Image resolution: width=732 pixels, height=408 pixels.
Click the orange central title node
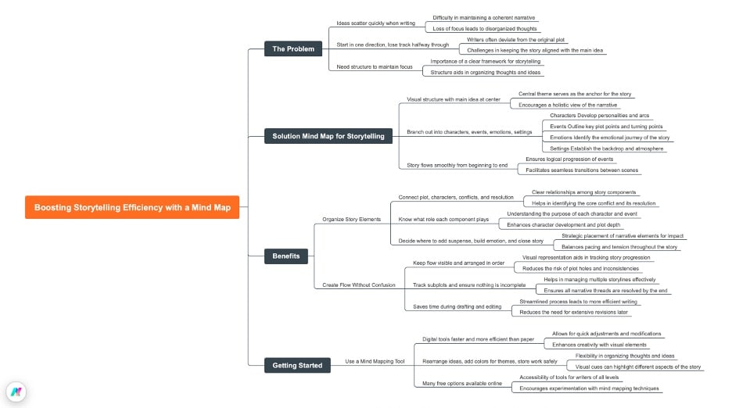coord(131,208)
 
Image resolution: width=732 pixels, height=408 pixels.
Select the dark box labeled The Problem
coord(292,49)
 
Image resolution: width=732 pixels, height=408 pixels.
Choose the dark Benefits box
coord(285,256)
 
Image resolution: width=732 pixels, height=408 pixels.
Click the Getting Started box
coord(296,365)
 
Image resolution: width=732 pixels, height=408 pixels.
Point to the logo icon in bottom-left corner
coord(16,392)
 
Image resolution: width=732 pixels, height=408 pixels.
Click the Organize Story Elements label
coord(351,220)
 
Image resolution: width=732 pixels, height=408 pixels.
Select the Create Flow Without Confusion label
coord(359,285)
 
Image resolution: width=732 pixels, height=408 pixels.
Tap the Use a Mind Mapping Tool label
coord(375,362)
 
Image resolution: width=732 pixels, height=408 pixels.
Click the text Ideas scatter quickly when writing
coord(375,23)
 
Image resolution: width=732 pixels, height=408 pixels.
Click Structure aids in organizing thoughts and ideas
coord(485,72)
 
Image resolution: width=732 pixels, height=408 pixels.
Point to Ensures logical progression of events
coord(569,159)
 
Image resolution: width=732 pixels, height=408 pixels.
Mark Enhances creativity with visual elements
coord(599,344)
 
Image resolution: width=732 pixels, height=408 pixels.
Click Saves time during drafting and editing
coord(457,306)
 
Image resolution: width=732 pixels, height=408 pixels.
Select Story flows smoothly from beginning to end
coord(457,165)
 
